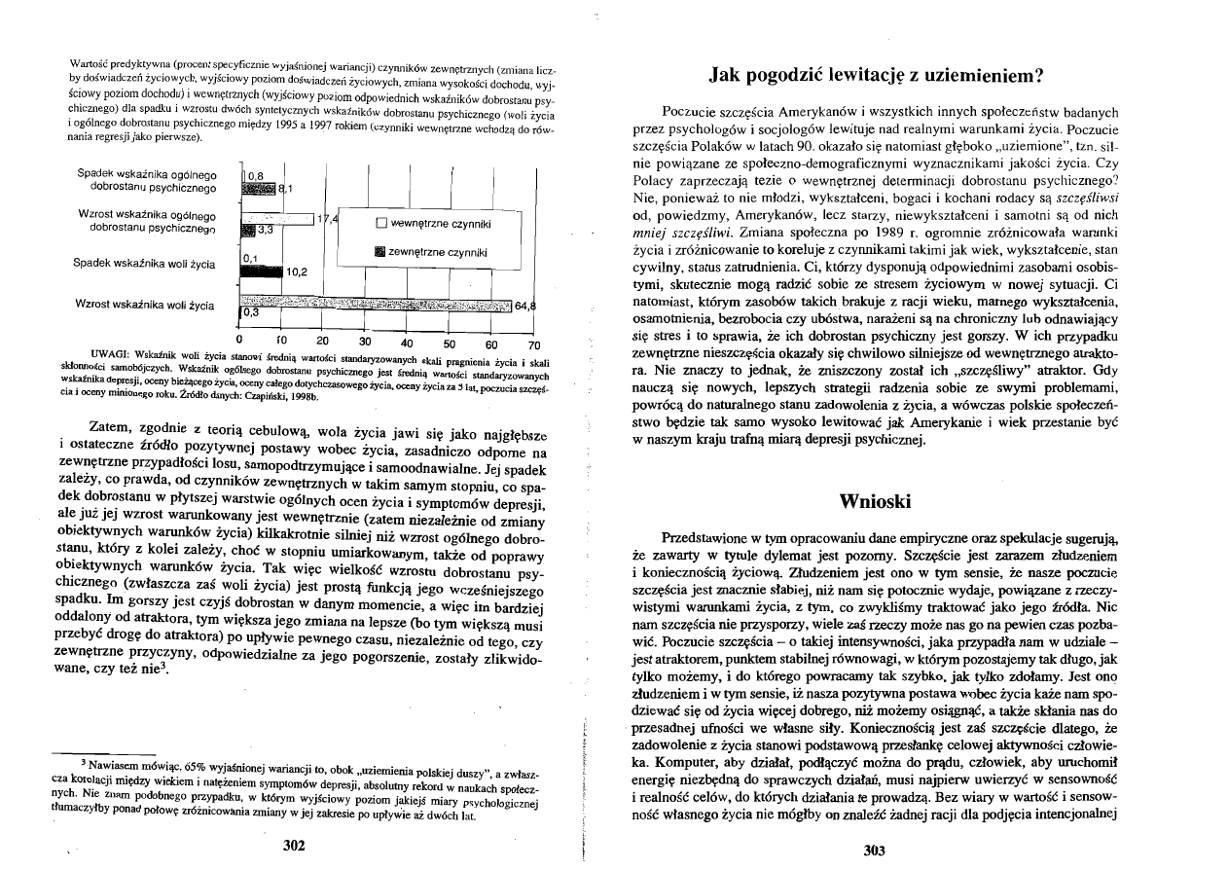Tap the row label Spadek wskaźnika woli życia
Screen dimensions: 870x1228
[144, 263]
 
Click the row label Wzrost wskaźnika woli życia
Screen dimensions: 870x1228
[144, 305]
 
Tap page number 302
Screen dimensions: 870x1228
[294, 845]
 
